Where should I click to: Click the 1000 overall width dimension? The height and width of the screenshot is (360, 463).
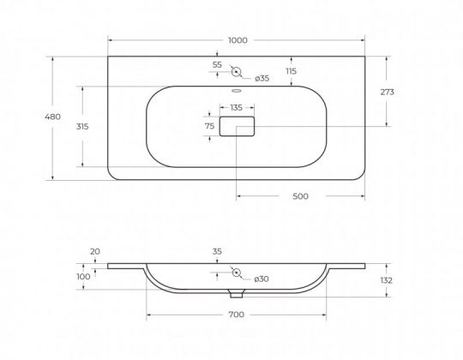click(238, 40)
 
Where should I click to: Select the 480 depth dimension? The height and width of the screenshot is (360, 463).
click(53, 117)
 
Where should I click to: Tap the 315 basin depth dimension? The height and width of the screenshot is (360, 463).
click(82, 126)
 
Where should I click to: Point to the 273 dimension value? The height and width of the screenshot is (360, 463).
click(387, 92)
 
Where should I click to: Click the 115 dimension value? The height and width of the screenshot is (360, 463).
click(291, 71)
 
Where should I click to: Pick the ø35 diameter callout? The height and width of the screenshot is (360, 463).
click(262, 78)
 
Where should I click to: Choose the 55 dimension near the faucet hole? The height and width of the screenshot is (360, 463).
click(217, 64)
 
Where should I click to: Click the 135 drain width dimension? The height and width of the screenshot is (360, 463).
click(237, 107)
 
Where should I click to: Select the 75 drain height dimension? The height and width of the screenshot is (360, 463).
click(209, 126)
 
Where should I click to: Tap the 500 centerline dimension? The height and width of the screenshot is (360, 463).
click(300, 196)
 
